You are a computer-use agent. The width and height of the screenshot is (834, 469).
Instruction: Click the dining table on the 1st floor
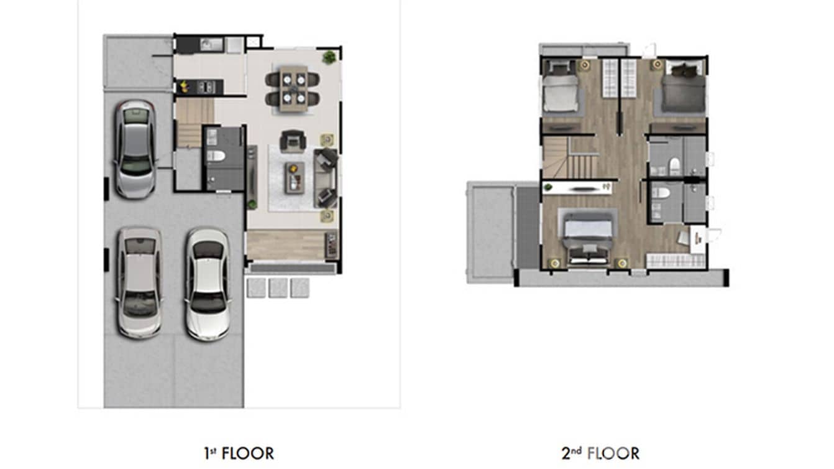pyautogui.click(x=293, y=88)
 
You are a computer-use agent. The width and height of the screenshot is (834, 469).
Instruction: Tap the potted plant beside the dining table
pyautogui.click(x=329, y=57)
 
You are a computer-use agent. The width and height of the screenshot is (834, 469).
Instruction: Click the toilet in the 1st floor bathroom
pyautogui.click(x=211, y=155)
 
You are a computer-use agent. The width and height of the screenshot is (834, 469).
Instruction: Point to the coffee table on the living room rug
pyautogui.click(x=295, y=177)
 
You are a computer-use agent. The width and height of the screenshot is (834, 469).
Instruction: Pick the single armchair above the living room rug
pyautogui.click(x=291, y=141)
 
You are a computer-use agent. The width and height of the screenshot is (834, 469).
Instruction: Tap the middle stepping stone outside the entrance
pyautogui.click(x=278, y=287)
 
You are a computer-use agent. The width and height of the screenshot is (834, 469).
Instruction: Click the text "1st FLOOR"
pyautogui.click(x=239, y=453)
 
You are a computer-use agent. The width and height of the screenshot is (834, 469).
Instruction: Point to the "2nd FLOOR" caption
pyautogui.click(x=600, y=453)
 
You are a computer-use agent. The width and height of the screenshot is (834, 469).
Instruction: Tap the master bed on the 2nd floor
pyautogui.click(x=587, y=235)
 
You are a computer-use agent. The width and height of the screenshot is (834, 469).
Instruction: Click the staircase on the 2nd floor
pyautogui.click(x=569, y=158)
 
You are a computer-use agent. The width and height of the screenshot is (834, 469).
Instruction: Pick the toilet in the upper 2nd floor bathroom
pyautogui.click(x=674, y=165)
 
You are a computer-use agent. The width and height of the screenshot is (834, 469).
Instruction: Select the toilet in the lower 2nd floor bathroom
pyautogui.click(x=662, y=193)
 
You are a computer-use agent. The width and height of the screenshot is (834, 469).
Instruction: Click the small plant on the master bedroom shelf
pyautogui.click(x=548, y=187)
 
